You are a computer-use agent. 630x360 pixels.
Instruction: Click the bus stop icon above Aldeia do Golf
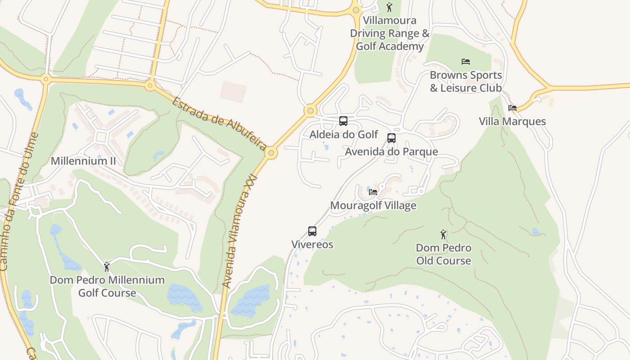pyautogui.click(x=343, y=121)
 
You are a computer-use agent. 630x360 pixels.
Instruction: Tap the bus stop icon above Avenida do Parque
pyautogui.click(x=391, y=138)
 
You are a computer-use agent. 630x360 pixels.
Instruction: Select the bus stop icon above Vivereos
pyautogui.click(x=312, y=231)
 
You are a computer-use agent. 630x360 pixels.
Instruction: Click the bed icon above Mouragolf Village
pyautogui.click(x=373, y=192)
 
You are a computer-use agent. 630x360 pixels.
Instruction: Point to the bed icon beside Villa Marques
pyautogui.click(x=512, y=108)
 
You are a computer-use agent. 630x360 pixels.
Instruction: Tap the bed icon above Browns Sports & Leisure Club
pyautogui.click(x=466, y=62)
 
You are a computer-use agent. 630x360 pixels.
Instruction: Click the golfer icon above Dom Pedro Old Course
pyautogui.click(x=444, y=234)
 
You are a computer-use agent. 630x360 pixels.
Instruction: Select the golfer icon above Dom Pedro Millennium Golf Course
pyautogui.click(x=107, y=267)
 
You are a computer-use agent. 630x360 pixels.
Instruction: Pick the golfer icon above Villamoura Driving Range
pyautogui.click(x=390, y=7)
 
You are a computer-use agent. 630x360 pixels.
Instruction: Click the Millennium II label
pyautogui.click(x=83, y=161)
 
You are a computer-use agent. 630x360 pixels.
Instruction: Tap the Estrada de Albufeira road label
pyautogui.click(x=220, y=120)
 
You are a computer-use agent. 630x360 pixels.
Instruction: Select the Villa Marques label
pyautogui.click(x=512, y=121)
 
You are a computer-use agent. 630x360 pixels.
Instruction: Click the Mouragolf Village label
pyautogui.click(x=373, y=206)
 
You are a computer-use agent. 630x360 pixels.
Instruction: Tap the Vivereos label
pyautogui.click(x=312, y=245)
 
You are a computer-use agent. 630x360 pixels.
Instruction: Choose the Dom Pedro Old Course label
pyautogui.click(x=444, y=254)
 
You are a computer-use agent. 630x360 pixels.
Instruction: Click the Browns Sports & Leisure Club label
pyautogui.click(x=466, y=81)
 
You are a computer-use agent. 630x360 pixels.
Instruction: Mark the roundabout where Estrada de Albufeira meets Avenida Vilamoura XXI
pyautogui.click(x=271, y=153)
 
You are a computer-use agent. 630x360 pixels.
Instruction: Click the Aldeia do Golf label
pyautogui.click(x=344, y=135)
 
